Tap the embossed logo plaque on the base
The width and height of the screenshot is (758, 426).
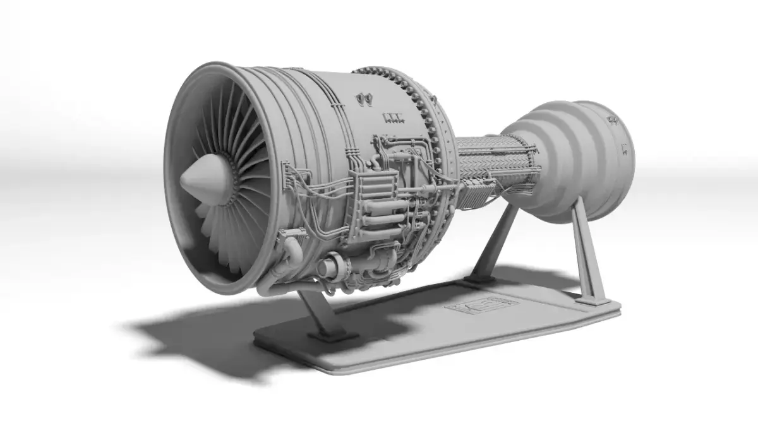(x=481, y=306)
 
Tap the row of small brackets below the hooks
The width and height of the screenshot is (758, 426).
(x=392, y=117)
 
